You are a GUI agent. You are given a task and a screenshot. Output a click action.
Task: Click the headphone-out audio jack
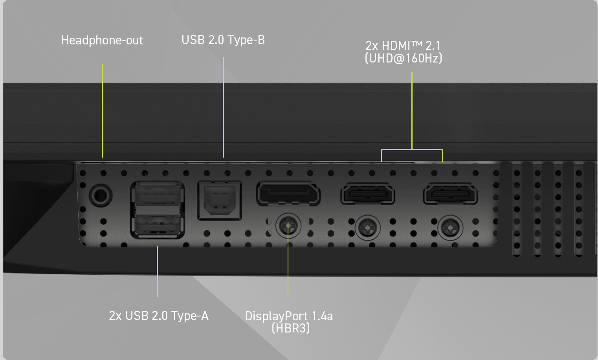(101, 195)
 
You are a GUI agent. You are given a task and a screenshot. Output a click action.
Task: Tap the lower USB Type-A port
(158, 225)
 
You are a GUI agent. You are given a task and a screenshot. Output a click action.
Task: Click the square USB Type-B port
(220, 200)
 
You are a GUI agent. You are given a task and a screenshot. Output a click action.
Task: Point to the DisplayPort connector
(288, 194)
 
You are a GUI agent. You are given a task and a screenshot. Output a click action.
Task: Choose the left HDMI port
(368, 194)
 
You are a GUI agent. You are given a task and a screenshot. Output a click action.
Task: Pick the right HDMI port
(450, 194)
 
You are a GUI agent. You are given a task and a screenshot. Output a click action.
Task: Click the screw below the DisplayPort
(288, 226)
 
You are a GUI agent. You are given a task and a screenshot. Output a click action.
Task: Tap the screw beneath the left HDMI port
(368, 228)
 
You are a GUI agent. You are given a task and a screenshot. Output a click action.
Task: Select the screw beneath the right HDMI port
(450, 228)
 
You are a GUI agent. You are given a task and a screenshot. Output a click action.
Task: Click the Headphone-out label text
(102, 40)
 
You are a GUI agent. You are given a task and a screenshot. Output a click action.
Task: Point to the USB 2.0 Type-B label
(223, 40)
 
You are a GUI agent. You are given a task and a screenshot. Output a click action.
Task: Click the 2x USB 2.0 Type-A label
(159, 316)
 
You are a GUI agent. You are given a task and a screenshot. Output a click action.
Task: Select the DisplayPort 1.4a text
(289, 316)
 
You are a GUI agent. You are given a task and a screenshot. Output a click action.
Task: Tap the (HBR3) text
(291, 328)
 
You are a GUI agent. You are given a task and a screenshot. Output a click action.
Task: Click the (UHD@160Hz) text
(404, 58)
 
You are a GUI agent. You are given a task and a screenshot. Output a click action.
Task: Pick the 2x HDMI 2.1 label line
(403, 46)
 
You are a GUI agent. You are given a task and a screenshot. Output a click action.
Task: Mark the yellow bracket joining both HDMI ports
(412, 150)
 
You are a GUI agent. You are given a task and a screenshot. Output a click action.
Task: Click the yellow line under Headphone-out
(102, 110)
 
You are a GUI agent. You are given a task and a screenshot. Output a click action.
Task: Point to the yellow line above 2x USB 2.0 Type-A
(157, 271)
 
